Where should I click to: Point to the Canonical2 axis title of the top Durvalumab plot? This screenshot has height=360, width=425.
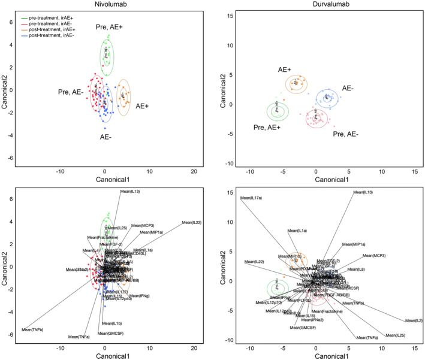point(227,89)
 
